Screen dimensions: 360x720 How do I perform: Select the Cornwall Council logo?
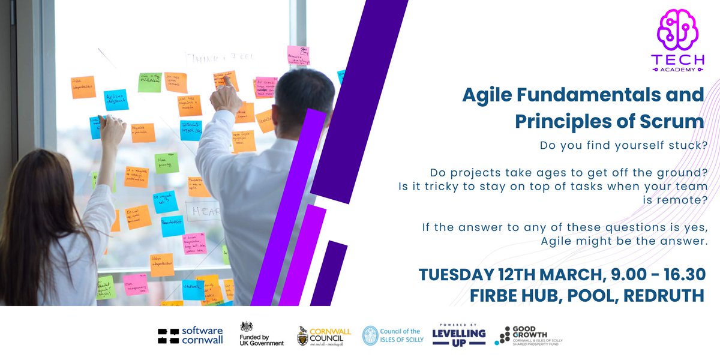click(324, 335)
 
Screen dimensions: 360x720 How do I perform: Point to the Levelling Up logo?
click(459, 334)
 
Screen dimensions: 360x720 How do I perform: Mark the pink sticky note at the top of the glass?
click(298, 55)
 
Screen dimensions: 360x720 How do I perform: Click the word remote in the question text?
click(685, 200)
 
